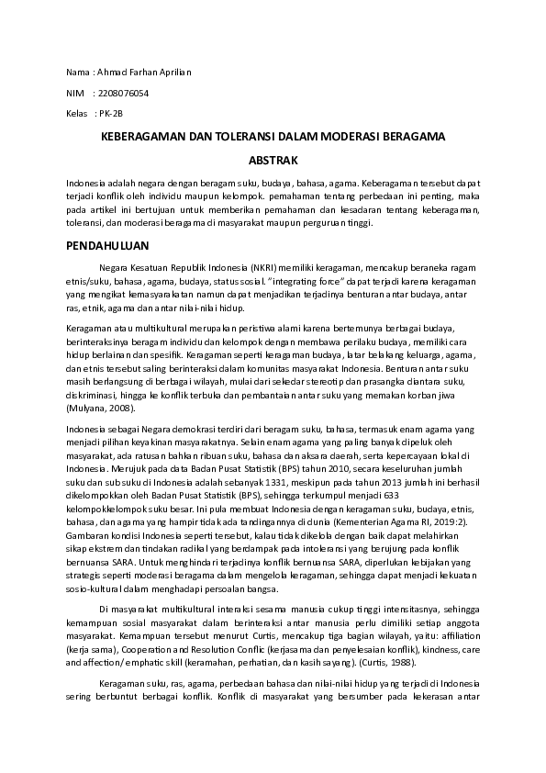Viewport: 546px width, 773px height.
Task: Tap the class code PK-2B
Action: [109, 114]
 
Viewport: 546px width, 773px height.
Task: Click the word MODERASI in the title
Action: [358, 136]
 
